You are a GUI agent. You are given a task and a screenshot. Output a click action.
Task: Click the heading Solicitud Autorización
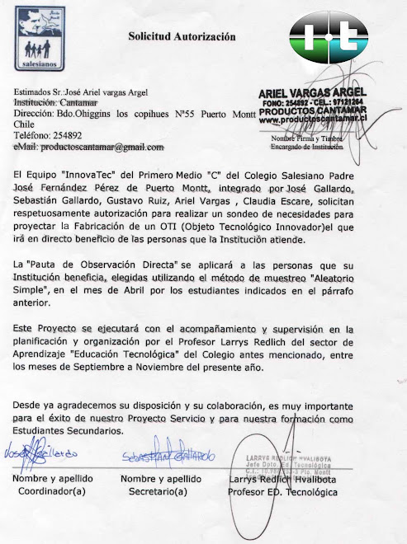[181, 36]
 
